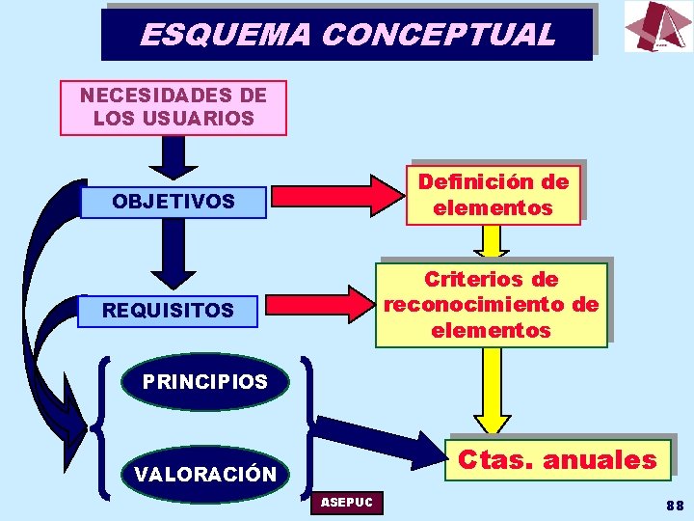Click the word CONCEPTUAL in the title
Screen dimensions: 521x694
click(439, 35)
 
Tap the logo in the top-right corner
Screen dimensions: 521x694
click(657, 26)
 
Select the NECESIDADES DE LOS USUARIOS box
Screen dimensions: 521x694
click(173, 107)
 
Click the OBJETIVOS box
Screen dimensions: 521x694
click(173, 202)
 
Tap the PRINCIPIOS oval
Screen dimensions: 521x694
click(204, 382)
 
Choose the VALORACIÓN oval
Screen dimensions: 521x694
click(204, 475)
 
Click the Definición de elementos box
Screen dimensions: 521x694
click(493, 194)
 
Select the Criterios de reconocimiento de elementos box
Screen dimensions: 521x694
click(492, 305)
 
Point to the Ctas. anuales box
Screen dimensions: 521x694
click(556, 460)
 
